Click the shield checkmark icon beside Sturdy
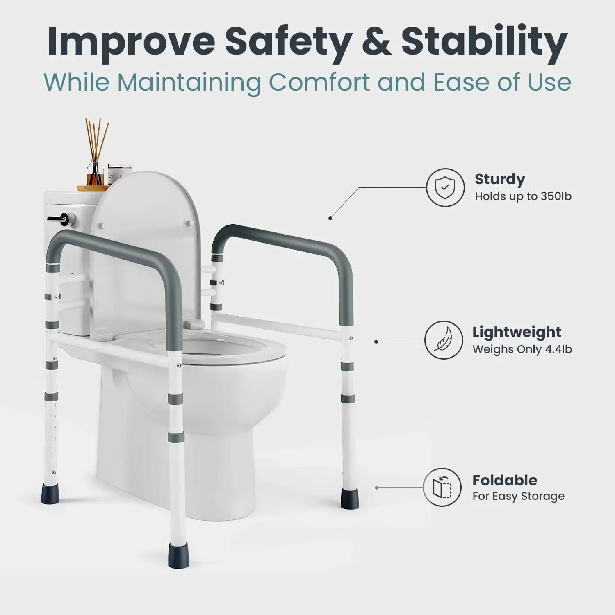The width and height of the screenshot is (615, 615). point(445,187)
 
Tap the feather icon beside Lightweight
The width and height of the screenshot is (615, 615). point(443,340)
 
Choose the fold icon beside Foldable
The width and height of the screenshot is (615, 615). point(442,487)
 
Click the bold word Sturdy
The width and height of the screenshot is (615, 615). point(500,179)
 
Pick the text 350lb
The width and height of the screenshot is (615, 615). point(556,196)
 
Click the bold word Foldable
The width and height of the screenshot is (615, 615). point(505,480)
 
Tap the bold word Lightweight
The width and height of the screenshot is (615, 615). point(517,332)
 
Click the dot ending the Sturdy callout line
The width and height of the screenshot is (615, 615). point(330,218)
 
